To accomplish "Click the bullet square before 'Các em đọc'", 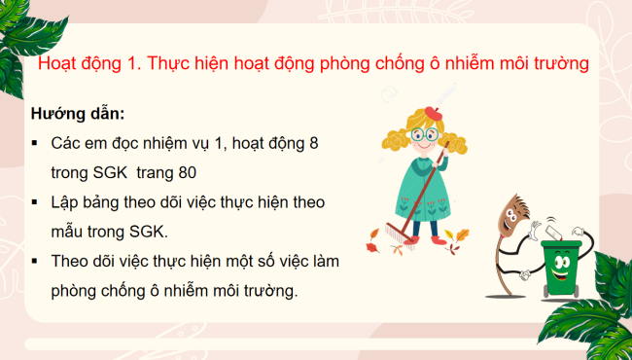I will point(36,143).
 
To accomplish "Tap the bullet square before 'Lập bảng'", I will point(36,202).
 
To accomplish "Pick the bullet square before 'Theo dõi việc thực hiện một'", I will point(36,262).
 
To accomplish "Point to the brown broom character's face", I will point(511,219).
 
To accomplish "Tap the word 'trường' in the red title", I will point(563,64).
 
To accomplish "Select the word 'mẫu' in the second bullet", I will point(69,233).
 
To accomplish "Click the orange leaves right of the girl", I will point(459,236).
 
